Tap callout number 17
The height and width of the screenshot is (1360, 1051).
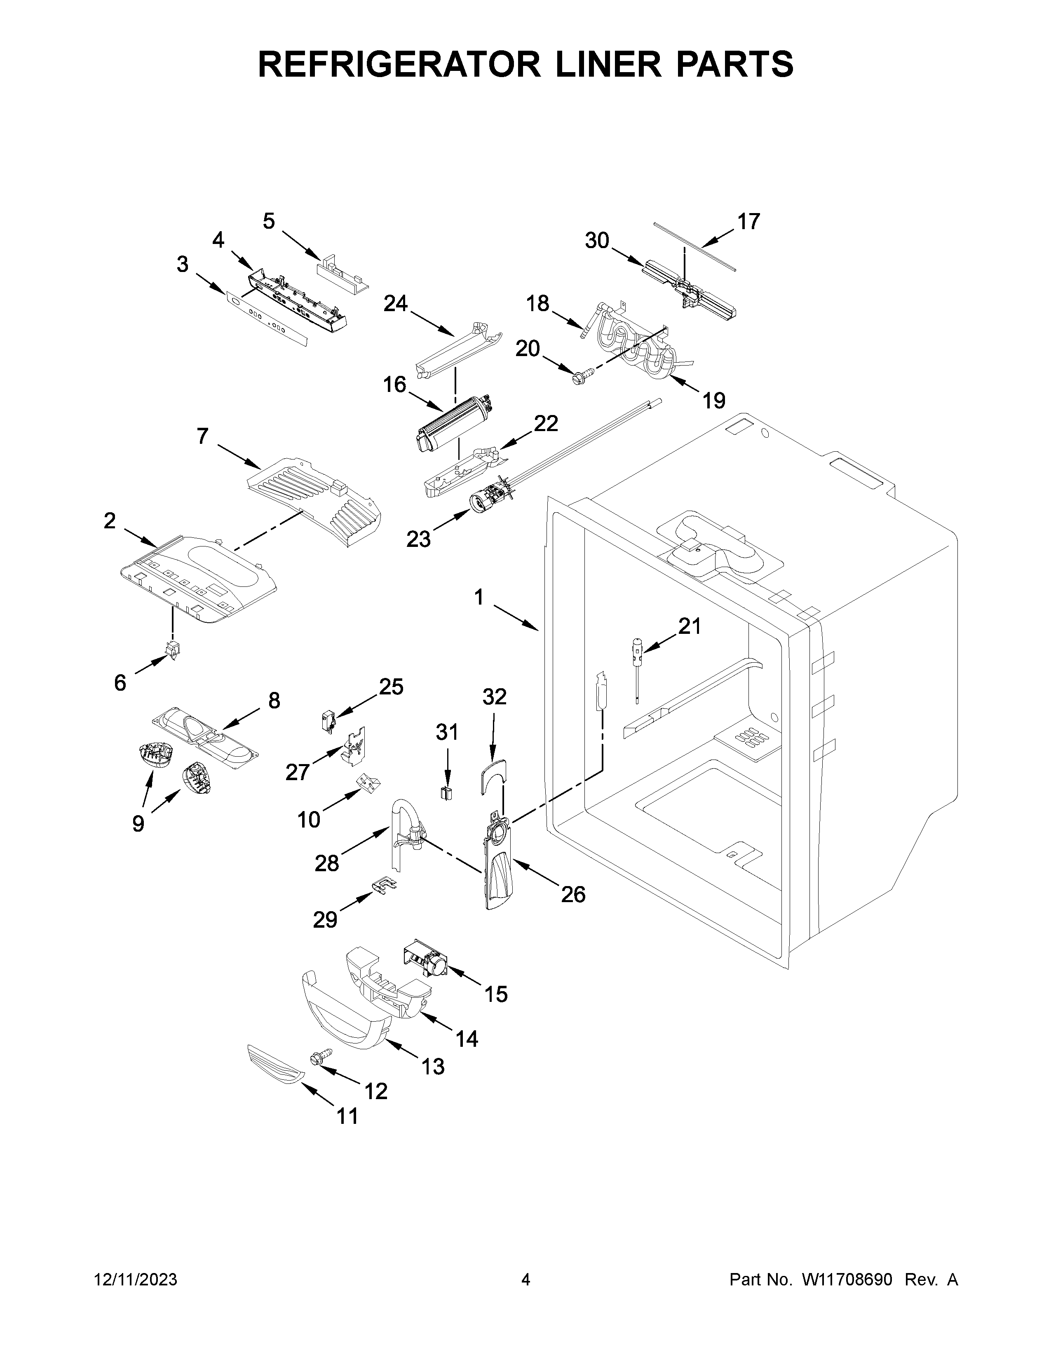pyautogui.click(x=748, y=222)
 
